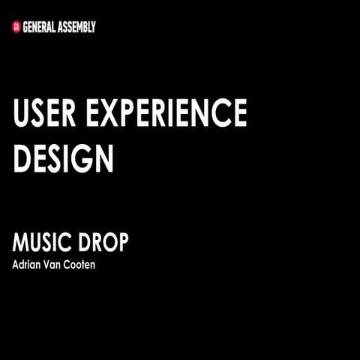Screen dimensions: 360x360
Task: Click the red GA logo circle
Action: (x=16, y=27)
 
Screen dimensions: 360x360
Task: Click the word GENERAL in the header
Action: (x=41, y=27)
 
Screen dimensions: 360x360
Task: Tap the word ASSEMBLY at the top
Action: (x=79, y=27)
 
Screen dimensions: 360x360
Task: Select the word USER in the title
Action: (x=45, y=114)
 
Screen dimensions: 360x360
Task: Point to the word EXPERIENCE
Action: (x=166, y=114)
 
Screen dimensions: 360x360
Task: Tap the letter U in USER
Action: (x=22, y=114)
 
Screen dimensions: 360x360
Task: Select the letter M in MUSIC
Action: (x=20, y=243)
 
